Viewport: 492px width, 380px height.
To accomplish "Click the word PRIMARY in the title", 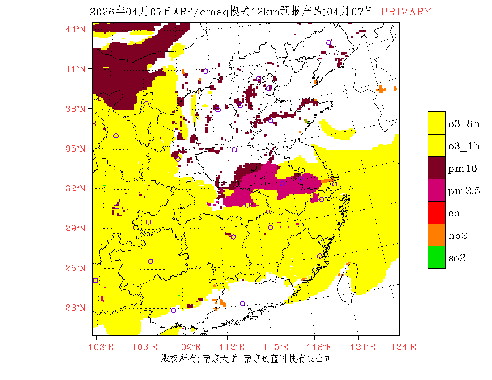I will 406,12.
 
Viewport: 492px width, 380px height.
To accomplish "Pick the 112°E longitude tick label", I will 234,347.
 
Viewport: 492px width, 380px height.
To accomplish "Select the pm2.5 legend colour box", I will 437,190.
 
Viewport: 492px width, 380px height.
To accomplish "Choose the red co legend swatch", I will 437,212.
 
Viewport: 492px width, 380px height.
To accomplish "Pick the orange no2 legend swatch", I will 437,235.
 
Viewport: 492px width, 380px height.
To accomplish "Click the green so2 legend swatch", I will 437,257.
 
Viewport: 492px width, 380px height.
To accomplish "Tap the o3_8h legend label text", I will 464,124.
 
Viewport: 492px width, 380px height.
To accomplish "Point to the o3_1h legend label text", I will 464,146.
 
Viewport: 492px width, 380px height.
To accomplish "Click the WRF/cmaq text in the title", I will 202,12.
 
